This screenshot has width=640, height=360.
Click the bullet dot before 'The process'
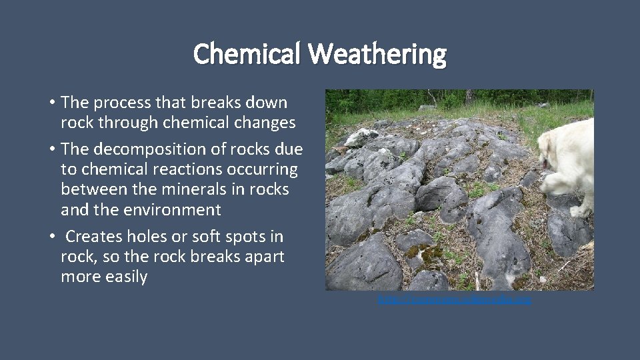51,103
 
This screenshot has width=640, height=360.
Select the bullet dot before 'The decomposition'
51,149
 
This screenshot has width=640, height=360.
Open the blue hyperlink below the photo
455,301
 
